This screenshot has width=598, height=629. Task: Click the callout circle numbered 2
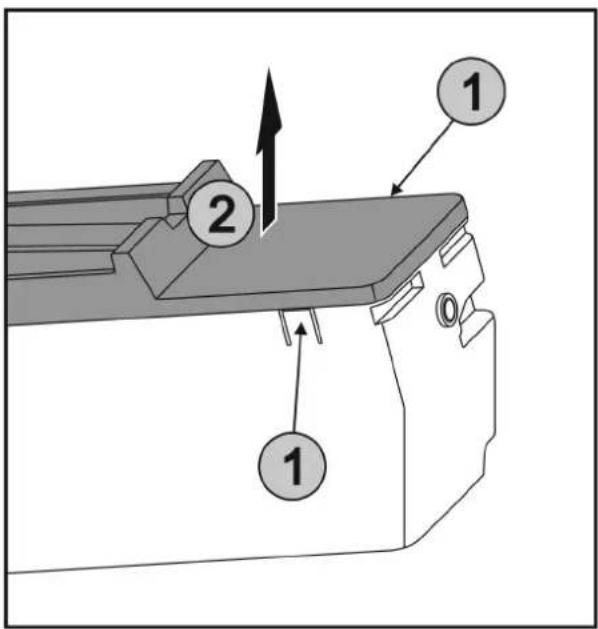click(221, 213)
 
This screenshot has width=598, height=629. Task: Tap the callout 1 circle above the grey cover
click(471, 91)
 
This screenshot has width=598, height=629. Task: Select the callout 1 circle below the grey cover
click(292, 466)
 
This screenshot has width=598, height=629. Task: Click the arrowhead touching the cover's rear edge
click(396, 190)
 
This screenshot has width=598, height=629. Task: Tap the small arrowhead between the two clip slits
click(302, 329)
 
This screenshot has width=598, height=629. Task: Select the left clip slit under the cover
click(285, 327)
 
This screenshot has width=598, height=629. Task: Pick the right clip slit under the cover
click(316, 325)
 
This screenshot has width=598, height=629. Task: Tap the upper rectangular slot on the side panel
click(456, 248)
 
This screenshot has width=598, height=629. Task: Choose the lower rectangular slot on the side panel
click(397, 298)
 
